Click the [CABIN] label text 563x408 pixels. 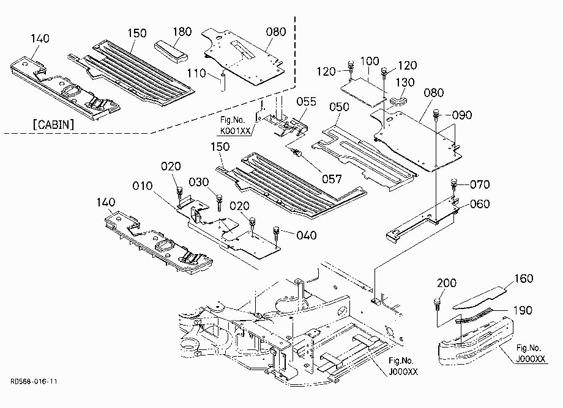[53, 125]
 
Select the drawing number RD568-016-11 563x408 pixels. [34, 382]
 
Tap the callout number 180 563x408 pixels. [182, 32]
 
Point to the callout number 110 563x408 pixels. [196, 73]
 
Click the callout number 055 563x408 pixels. [306, 102]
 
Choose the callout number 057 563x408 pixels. [332, 179]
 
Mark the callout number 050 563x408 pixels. [339, 107]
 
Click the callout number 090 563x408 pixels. [462, 115]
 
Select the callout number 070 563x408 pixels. [480, 184]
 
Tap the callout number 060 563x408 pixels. [480, 204]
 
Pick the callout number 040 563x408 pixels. [306, 235]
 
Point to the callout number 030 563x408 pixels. [198, 182]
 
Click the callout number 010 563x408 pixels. [142, 186]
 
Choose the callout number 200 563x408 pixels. [447, 283]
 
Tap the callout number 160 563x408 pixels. [523, 279]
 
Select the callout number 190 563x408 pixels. [523, 310]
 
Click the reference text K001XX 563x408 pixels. [235, 131]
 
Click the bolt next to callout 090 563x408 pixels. [436, 115]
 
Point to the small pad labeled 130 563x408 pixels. [398, 100]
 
